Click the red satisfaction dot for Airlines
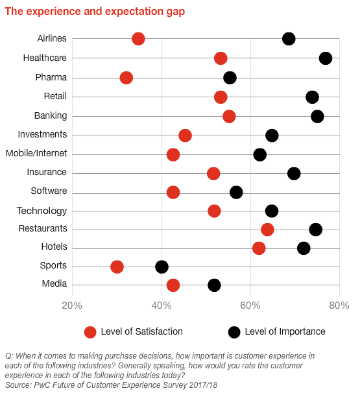click(138, 39)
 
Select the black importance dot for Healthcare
click(326, 58)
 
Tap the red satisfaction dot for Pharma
click(126, 78)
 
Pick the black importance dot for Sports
click(162, 267)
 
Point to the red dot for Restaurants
click(267, 230)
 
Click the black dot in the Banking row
click(317, 116)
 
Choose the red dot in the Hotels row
click(259, 248)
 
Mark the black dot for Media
click(214, 285)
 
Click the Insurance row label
click(47, 173)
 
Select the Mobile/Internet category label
click(36, 154)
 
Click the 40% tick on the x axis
click(161, 305)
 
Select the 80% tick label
click(339, 305)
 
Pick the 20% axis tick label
click(72, 305)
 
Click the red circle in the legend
click(90, 332)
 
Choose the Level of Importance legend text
click(285, 332)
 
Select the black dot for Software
click(236, 192)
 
